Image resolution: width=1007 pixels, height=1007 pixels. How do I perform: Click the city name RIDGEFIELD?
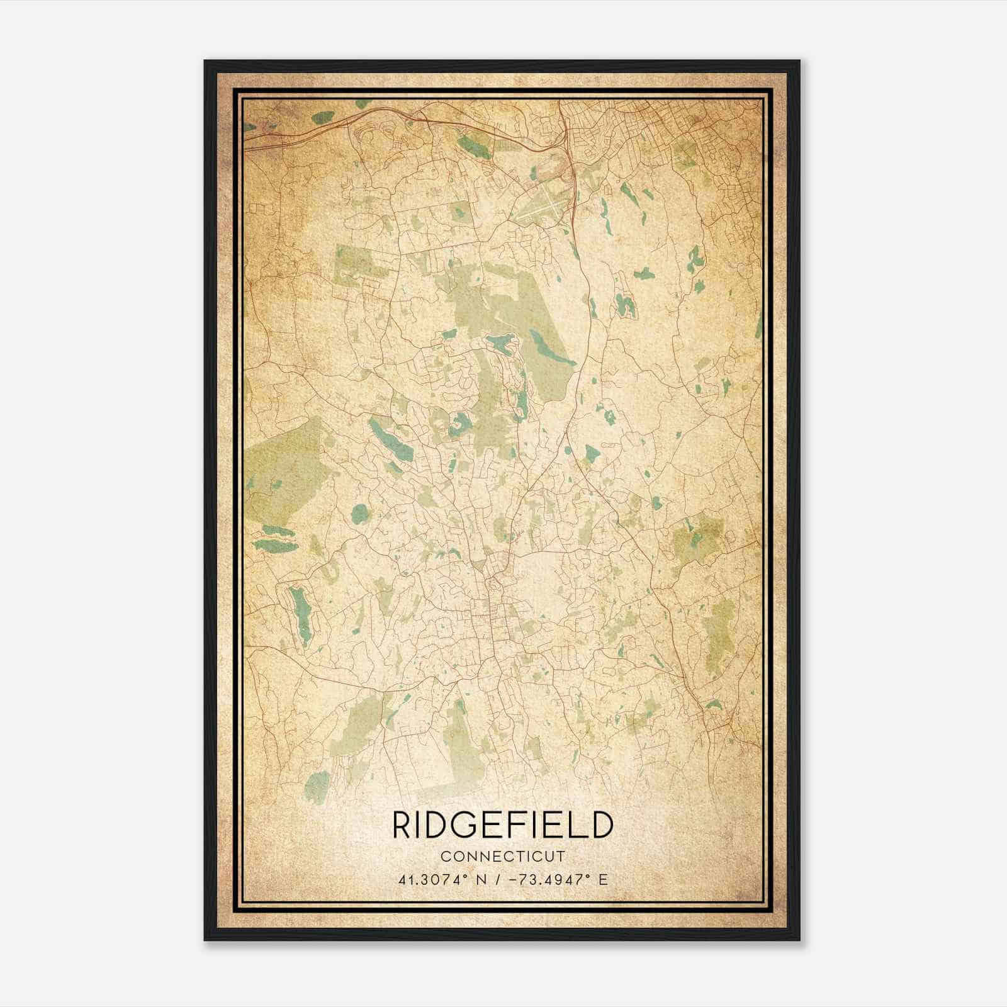point(502,825)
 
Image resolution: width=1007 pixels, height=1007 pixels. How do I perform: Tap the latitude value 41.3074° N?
point(441,880)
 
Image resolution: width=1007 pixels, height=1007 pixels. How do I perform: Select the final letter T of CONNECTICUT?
point(561,857)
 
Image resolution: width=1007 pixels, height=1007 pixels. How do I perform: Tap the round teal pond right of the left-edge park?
point(359,514)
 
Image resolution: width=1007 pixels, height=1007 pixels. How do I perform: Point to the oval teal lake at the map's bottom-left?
point(317,784)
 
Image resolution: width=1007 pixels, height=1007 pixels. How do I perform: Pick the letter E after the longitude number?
point(603,880)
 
